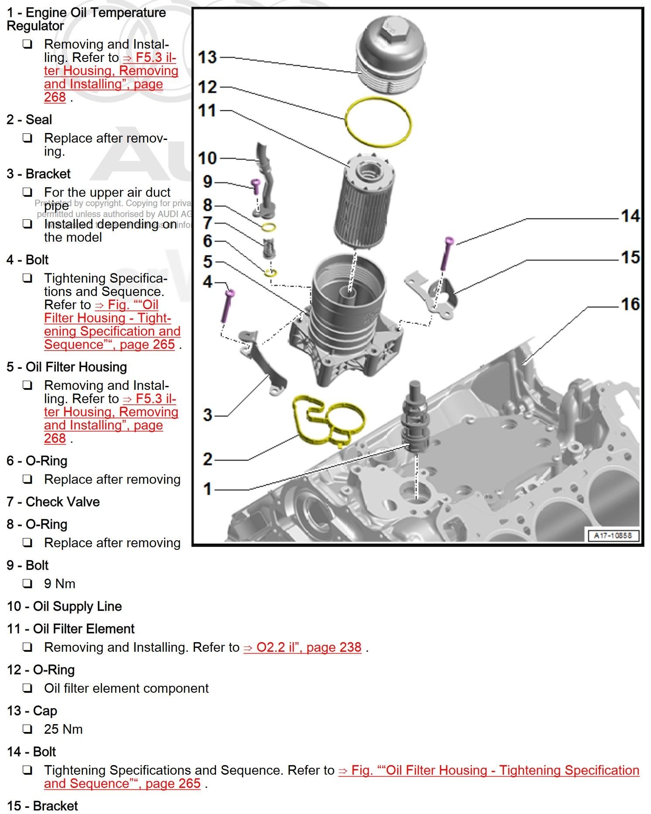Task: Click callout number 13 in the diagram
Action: pyautogui.click(x=207, y=57)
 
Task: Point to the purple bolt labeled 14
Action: pyautogui.click(x=447, y=253)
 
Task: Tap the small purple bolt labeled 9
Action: pyautogui.click(x=256, y=187)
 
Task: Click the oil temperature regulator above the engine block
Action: pyautogui.click(x=415, y=419)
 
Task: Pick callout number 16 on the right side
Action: pyautogui.click(x=630, y=304)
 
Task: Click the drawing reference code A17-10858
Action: pyautogui.click(x=612, y=535)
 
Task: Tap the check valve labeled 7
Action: pyautogui.click(x=268, y=249)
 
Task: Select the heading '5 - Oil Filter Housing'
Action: pyautogui.click(x=67, y=367)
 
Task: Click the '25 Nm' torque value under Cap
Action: pyautogui.click(x=63, y=729)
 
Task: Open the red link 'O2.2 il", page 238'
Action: pyautogui.click(x=302, y=647)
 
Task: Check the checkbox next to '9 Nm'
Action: pyautogui.click(x=27, y=583)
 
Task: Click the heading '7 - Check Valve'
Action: pyautogui.click(x=53, y=502)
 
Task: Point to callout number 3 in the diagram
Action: pyautogui.click(x=208, y=415)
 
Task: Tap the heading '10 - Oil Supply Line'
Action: pyautogui.click(x=64, y=606)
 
